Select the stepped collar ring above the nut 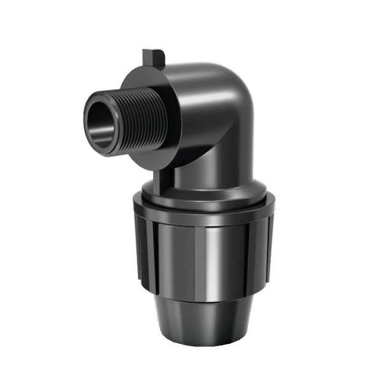click(205, 193)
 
